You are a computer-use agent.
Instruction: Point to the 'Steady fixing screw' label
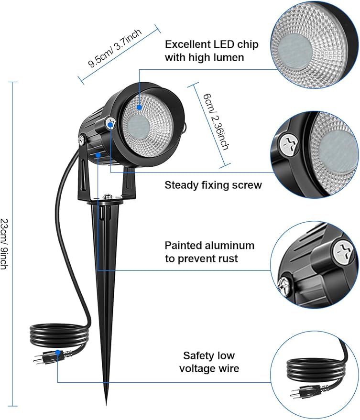[x=213, y=185]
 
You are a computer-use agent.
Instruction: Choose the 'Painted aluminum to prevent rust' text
[x=209, y=252]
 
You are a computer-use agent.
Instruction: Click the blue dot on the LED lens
[x=140, y=108]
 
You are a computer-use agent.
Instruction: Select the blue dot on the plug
[x=57, y=353]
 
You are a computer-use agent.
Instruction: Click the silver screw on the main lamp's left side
[x=82, y=140]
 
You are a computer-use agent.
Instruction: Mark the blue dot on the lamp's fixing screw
[x=110, y=125]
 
